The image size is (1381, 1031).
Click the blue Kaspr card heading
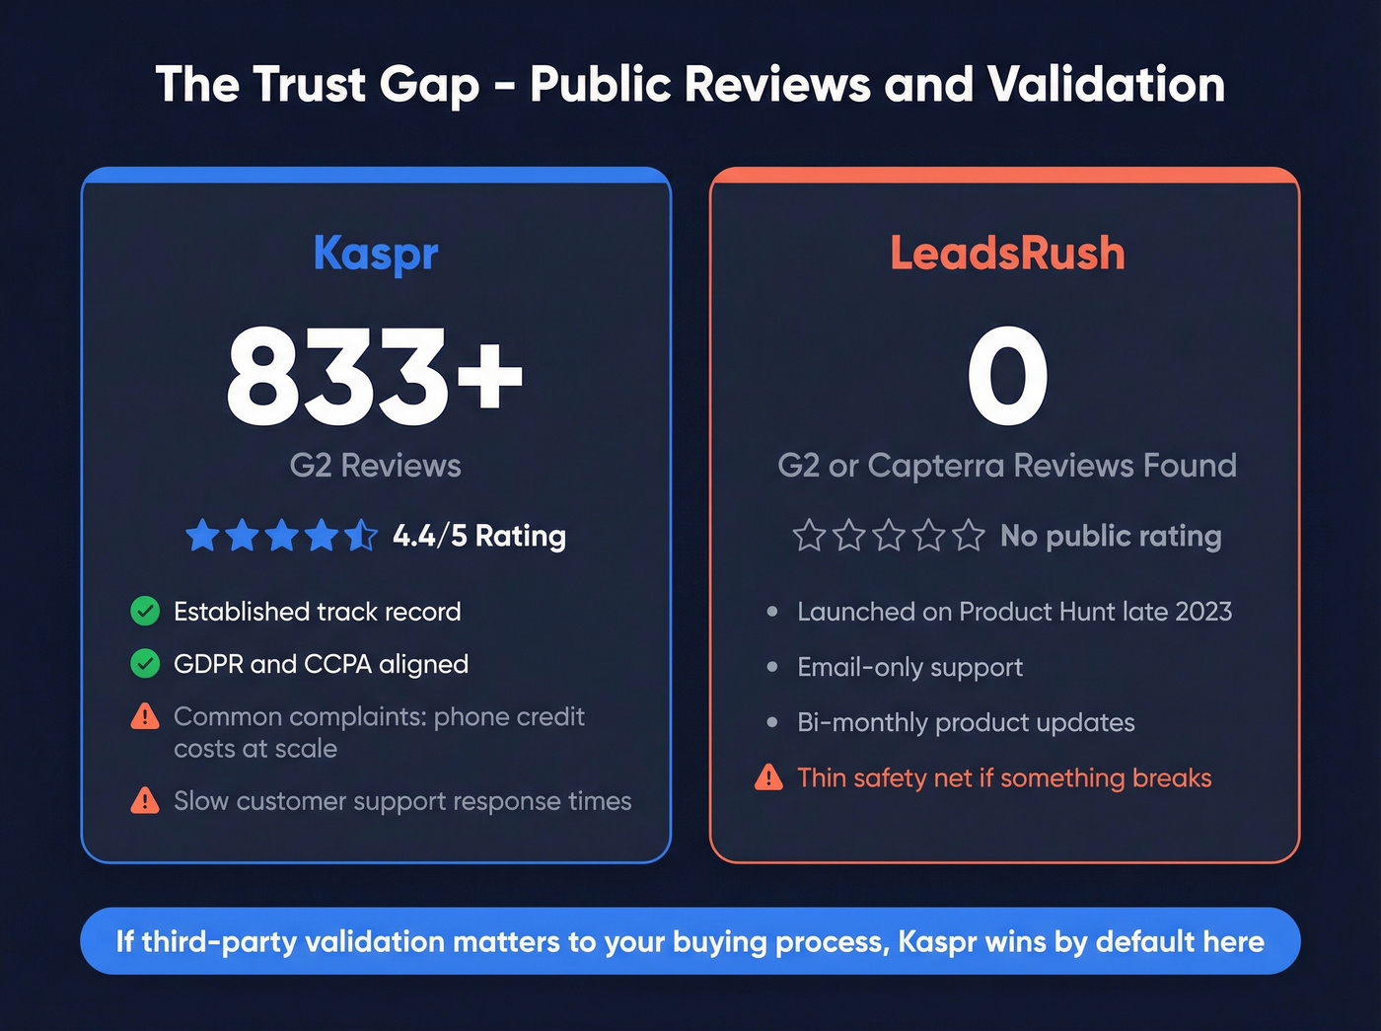pos(376,254)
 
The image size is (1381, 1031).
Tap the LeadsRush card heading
pos(1007,254)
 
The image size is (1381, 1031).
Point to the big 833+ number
pos(375,377)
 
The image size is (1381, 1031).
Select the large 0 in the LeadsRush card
pos(1007,377)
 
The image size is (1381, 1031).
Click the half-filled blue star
pos(361,536)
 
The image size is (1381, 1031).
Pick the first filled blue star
pos(202,536)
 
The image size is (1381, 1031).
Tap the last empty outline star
pos(969,536)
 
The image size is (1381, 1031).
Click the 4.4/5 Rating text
pos(479,536)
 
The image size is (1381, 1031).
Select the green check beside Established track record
pos(145,612)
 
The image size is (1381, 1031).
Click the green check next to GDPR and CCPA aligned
pos(145,664)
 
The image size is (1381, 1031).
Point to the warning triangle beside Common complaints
pos(145,717)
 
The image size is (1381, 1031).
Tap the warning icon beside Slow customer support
pos(145,800)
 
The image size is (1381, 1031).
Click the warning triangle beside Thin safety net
pos(768,777)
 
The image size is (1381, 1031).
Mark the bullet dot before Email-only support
pos(772,667)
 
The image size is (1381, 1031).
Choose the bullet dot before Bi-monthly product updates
pos(772,722)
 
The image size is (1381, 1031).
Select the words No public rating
pos(1111,536)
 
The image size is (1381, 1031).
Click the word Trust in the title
pos(311,85)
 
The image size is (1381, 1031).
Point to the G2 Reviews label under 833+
pos(376,465)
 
